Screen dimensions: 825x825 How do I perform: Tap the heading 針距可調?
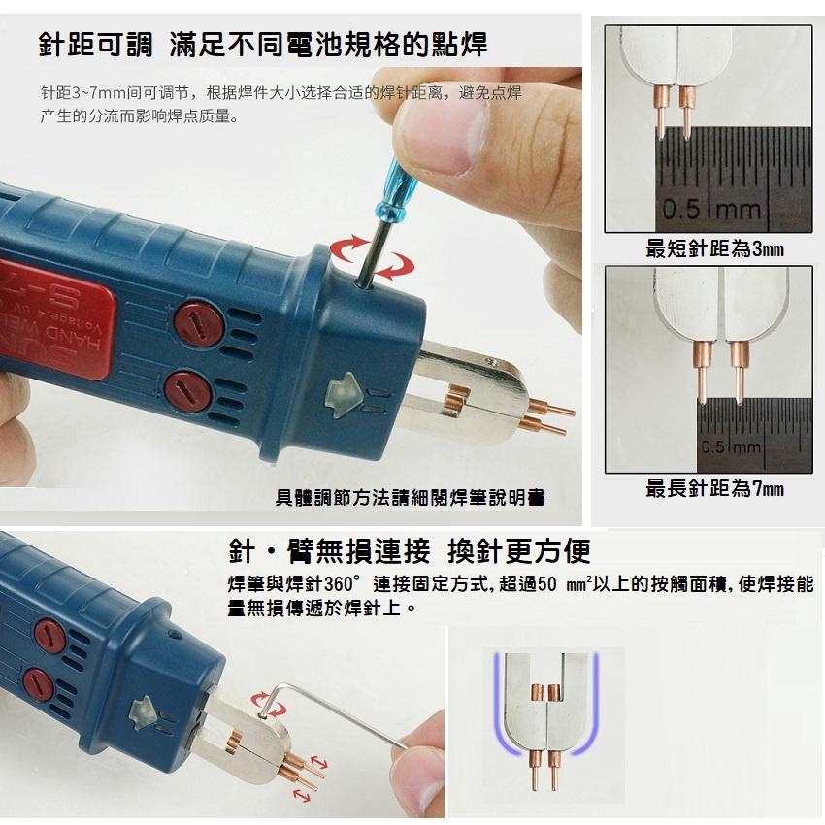95,43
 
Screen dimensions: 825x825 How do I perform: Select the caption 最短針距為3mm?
714,249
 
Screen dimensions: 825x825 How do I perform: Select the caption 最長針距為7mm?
714,488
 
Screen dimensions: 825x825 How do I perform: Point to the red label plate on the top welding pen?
68,311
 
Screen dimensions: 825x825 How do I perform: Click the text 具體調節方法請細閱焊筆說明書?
410,498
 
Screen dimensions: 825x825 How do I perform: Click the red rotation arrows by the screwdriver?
370,254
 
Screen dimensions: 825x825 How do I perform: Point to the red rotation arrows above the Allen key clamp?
263,701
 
